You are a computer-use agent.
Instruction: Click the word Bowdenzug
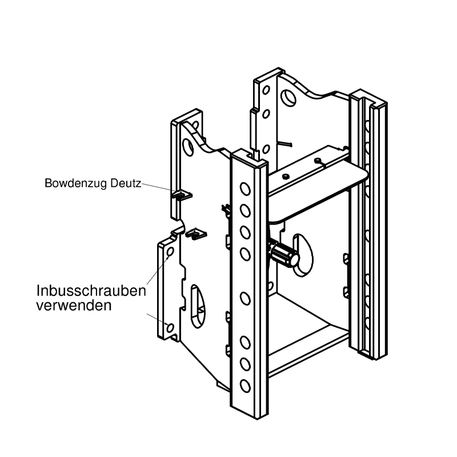77,183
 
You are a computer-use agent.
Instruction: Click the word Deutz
126,183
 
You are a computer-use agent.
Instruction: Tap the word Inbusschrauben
91,291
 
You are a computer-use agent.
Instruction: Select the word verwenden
74,306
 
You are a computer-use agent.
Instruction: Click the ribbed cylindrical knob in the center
284,255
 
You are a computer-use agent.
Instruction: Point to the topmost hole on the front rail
245,189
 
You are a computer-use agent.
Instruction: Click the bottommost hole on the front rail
245,386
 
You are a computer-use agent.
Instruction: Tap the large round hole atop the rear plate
288,98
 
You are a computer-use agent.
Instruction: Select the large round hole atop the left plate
188,147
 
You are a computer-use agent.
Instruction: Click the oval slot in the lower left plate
198,307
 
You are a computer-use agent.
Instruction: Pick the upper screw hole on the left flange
170,251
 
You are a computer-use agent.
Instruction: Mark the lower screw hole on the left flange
170,328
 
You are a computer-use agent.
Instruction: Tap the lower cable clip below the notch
196,234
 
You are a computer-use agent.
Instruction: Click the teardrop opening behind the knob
303,255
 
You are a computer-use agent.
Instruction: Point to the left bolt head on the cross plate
286,176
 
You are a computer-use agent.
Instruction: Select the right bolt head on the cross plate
318,160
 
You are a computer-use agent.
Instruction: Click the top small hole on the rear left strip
266,90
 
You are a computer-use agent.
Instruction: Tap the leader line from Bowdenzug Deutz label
158,187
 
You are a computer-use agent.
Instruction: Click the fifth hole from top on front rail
245,298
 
